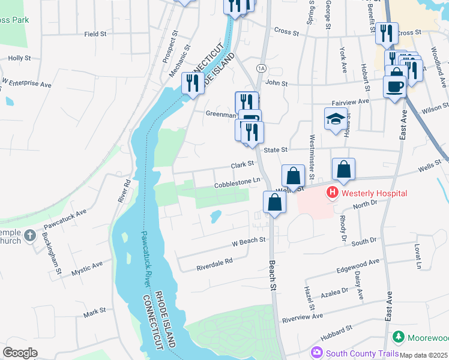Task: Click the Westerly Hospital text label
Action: (x=374, y=193)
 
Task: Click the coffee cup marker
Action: (x=394, y=86)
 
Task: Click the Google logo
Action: (x=20, y=353)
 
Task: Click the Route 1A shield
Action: (x=261, y=68)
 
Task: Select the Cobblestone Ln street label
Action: (x=238, y=181)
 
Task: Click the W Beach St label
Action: (x=249, y=240)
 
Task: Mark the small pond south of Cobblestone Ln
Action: (x=215, y=215)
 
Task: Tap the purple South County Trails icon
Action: (x=316, y=353)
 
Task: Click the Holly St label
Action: (x=19, y=58)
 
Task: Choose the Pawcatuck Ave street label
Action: (x=65, y=220)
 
